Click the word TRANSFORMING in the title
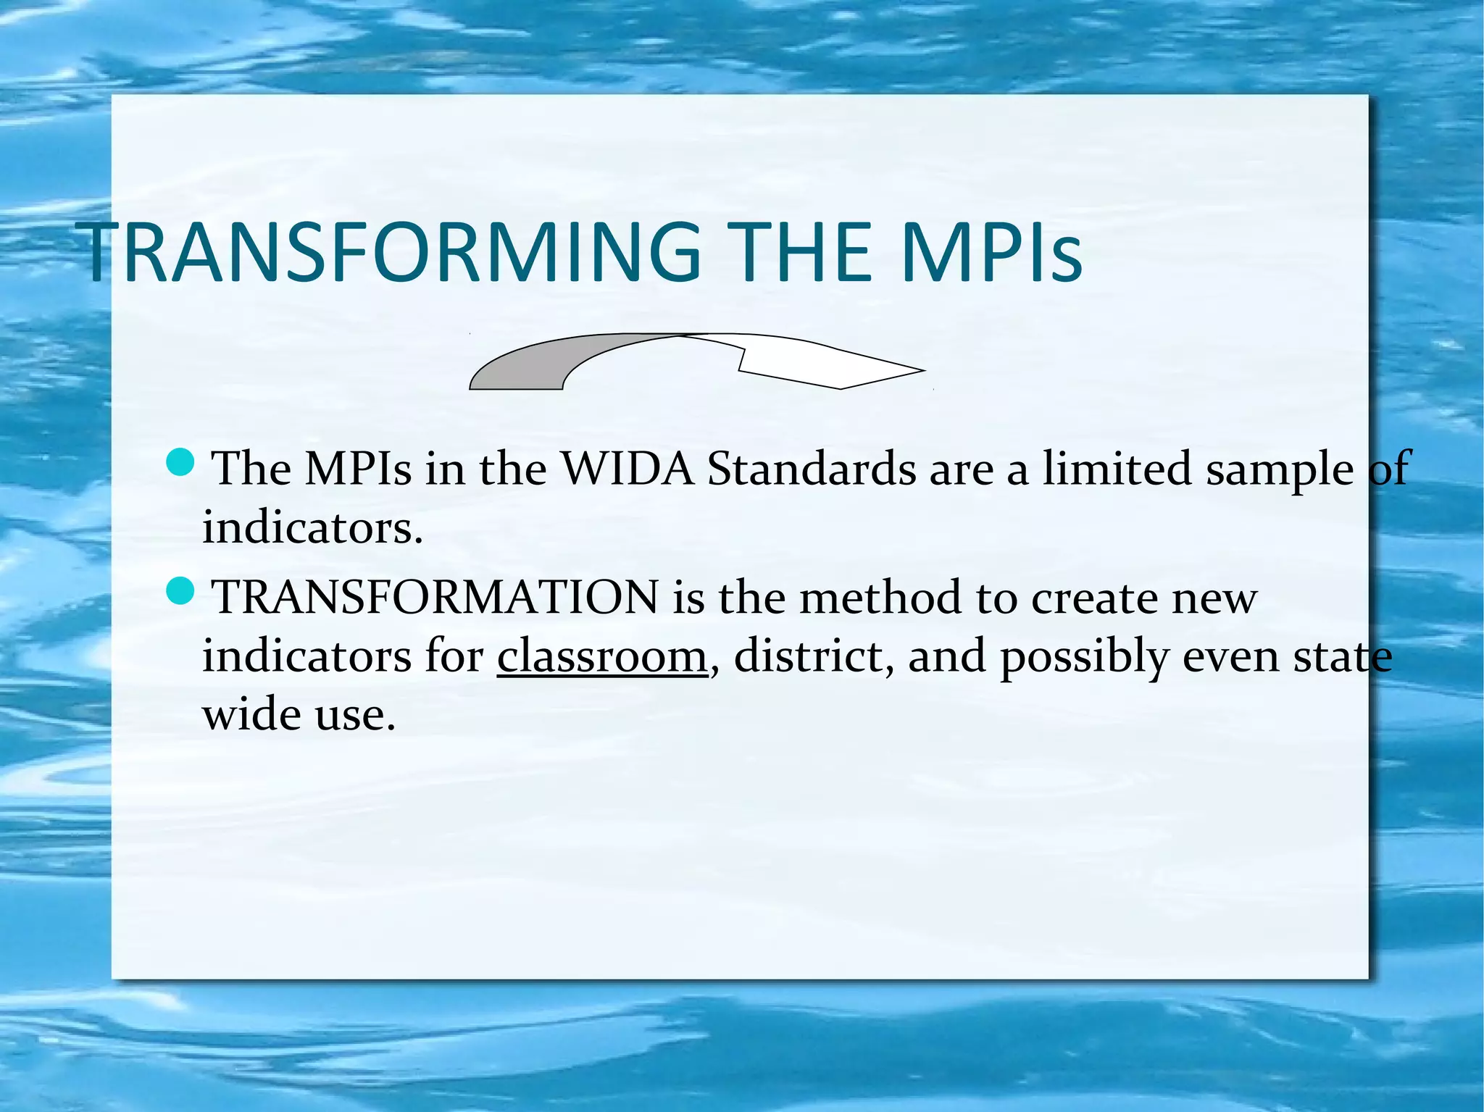coord(391,252)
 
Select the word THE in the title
coord(800,252)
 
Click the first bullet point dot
coord(180,462)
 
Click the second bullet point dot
coord(180,591)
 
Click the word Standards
coord(812,469)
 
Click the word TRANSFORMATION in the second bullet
coord(435,598)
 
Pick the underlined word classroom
coord(601,656)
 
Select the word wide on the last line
coord(251,715)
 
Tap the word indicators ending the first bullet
coord(312,527)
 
